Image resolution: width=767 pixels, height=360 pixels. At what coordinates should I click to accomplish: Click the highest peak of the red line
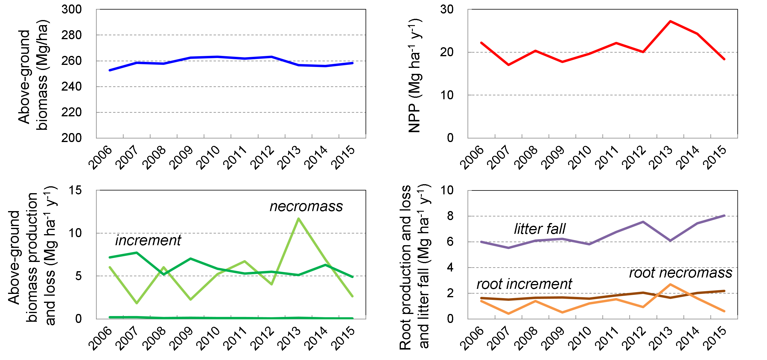[670, 21]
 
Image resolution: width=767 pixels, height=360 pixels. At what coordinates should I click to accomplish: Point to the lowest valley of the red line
[509, 65]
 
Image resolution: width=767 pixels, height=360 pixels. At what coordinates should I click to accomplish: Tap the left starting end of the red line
[481, 43]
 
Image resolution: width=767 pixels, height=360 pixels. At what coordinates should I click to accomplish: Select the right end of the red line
[724, 59]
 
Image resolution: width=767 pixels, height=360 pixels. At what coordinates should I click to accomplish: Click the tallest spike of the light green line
[299, 219]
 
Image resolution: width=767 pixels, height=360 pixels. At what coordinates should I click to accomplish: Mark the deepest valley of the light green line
[137, 303]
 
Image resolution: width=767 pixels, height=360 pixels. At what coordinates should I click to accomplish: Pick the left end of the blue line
[110, 70]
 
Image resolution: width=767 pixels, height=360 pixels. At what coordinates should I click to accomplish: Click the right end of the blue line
[353, 63]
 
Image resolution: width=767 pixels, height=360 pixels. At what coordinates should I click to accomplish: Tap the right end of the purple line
[724, 216]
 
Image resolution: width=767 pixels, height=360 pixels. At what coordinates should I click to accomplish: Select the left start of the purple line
[481, 242]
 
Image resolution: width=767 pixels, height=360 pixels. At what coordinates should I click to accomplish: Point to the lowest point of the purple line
[509, 248]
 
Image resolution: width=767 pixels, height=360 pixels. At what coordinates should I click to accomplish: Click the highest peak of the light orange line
[670, 284]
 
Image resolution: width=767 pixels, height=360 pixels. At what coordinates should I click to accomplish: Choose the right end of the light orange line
[724, 311]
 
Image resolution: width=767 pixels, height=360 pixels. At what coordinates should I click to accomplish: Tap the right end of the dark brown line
[724, 291]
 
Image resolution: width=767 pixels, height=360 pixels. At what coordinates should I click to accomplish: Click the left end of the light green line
[110, 267]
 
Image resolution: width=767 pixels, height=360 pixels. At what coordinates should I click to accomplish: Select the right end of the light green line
[353, 296]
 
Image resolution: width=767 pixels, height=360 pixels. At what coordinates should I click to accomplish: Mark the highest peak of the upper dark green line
[137, 253]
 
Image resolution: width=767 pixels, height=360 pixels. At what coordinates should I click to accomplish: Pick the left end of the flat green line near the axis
[110, 317]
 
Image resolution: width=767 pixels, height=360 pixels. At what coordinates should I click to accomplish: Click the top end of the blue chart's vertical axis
[96, 9]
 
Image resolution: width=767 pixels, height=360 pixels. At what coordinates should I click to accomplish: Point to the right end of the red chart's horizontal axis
[738, 138]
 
